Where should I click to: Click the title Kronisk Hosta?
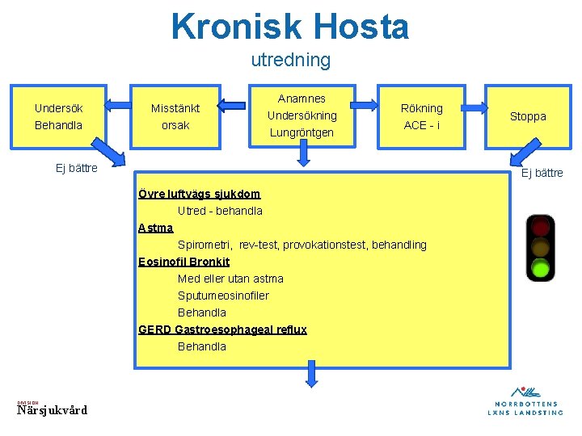point(290,27)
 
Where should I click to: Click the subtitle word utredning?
point(290,60)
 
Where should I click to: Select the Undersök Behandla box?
point(58,116)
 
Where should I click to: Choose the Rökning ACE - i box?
point(421,116)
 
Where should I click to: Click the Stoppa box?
point(527,116)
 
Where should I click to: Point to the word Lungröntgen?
point(302,132)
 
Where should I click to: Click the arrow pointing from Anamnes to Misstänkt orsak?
point(232,103)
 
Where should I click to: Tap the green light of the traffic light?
point(540,266)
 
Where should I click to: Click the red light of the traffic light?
point(540,227)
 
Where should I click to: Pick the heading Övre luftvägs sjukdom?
point(199,194)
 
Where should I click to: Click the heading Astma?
point(155,228)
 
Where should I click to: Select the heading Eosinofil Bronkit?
point(183,262)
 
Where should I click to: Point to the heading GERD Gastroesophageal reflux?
point(222,329)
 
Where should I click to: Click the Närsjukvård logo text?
point(52,409)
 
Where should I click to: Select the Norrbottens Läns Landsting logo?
point(525,400)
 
